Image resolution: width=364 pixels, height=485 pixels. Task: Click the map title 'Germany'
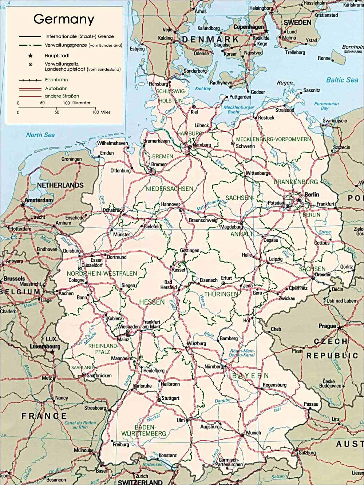[64, 19]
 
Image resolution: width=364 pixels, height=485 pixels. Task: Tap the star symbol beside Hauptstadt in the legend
[31, 56]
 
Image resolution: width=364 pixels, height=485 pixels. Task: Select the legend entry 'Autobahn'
[56, 88]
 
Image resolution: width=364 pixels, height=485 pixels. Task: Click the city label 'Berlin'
[312, 195]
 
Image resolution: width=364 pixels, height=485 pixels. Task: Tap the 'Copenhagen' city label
[248, 27]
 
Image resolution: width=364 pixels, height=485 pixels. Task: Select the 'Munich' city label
[253, 433]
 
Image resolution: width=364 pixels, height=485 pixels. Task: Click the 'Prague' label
[327, 326]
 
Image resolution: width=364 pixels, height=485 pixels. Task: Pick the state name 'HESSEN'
[152, 302]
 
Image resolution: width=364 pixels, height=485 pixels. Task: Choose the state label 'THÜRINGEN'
[221, 294]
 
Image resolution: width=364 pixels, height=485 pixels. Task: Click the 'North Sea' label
[40, 135]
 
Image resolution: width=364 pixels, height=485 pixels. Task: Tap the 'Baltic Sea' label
[342, 80]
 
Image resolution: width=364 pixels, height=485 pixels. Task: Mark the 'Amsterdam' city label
[39, 200]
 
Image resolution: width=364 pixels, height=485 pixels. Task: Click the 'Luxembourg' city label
[45, 347]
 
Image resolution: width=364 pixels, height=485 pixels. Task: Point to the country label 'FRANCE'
[44, 416]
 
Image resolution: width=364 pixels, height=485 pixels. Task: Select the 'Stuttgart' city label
[170, 398]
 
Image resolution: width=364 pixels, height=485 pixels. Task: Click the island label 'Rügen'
[285, 83]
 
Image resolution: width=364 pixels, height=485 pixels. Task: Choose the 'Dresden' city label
[323, 275]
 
